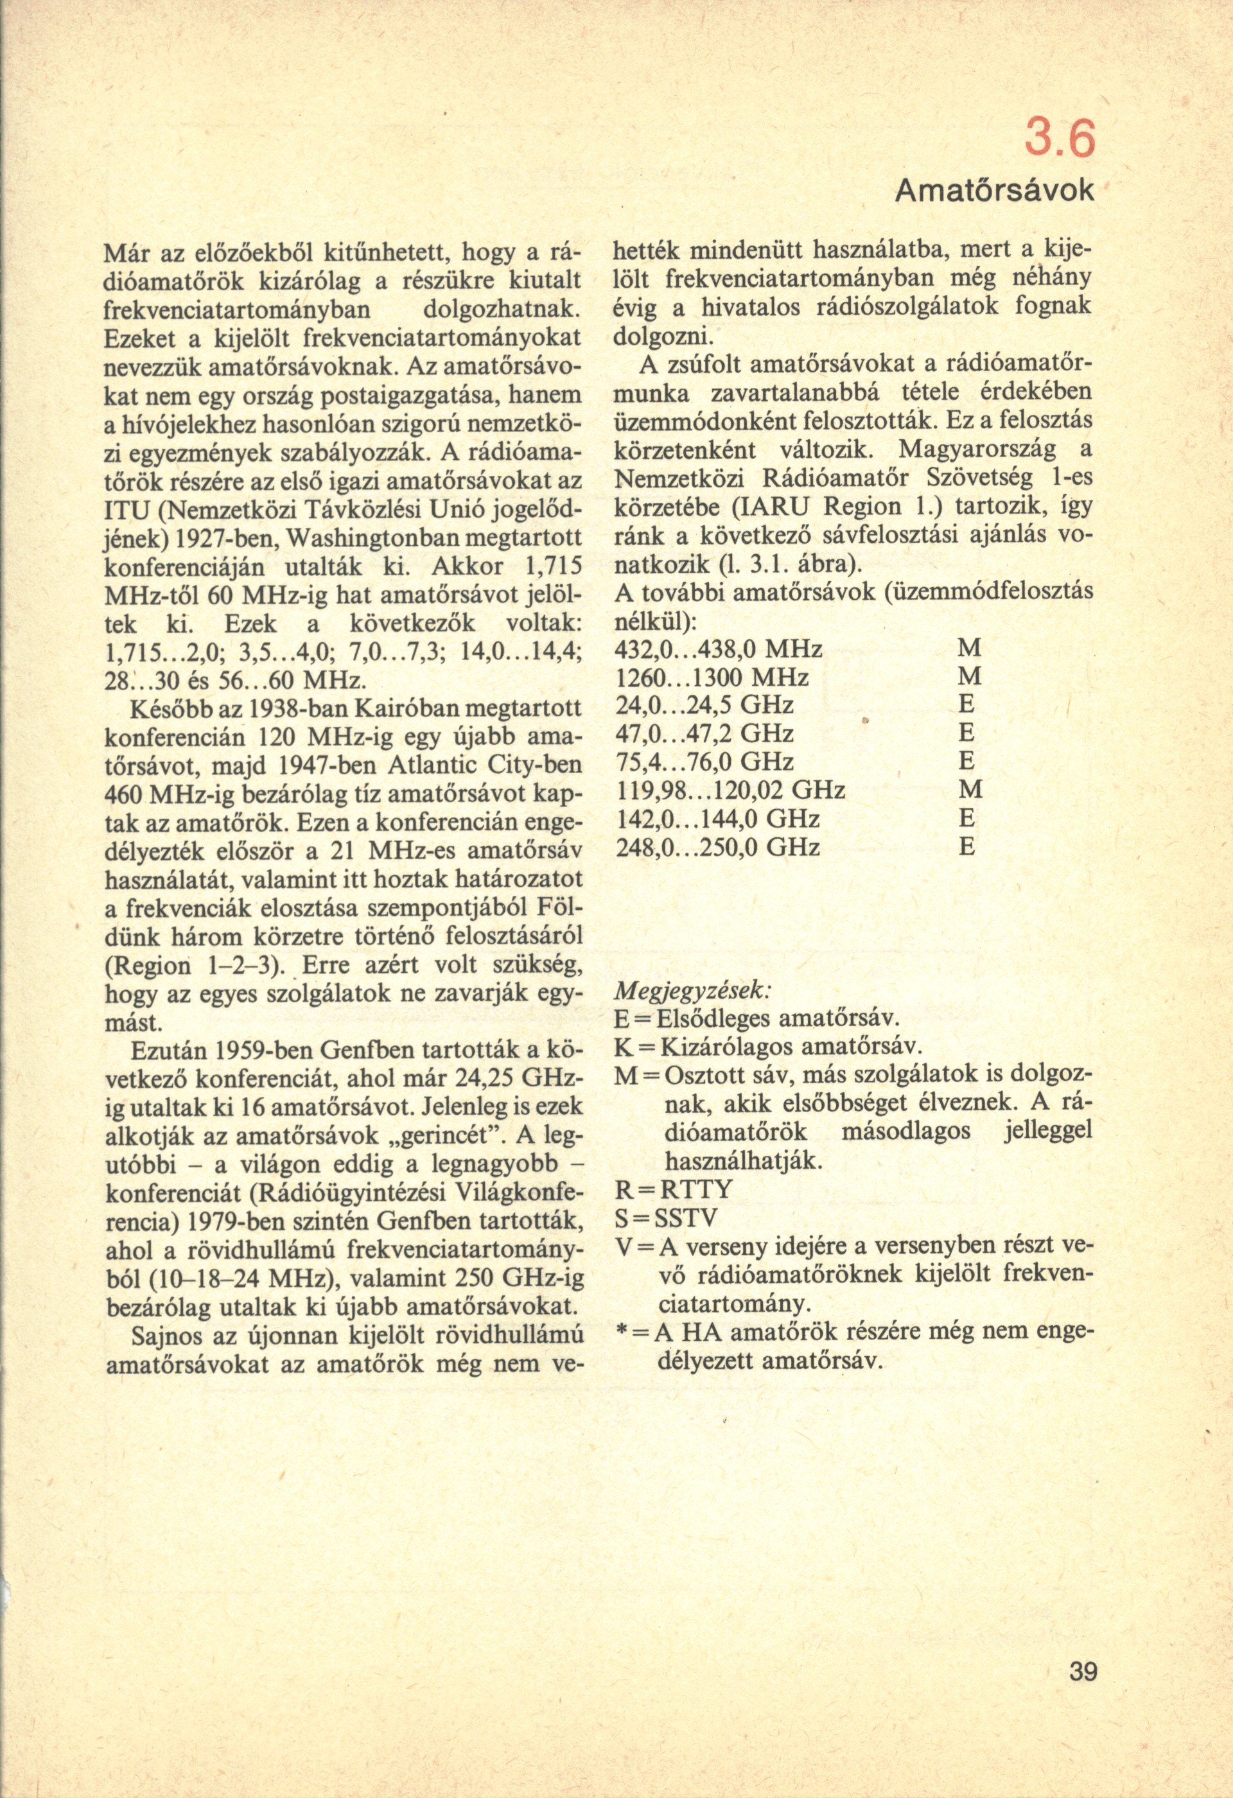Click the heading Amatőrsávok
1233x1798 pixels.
995,189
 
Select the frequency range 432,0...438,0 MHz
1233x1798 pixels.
718,649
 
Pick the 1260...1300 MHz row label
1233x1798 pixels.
711,677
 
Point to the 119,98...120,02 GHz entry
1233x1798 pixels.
729,790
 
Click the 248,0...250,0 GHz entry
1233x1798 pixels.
718,847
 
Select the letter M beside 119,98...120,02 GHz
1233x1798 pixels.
969,790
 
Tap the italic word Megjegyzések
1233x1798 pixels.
691,990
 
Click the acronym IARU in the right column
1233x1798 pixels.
774,507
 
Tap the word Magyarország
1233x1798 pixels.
973,450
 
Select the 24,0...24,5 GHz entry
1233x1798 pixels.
704,705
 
